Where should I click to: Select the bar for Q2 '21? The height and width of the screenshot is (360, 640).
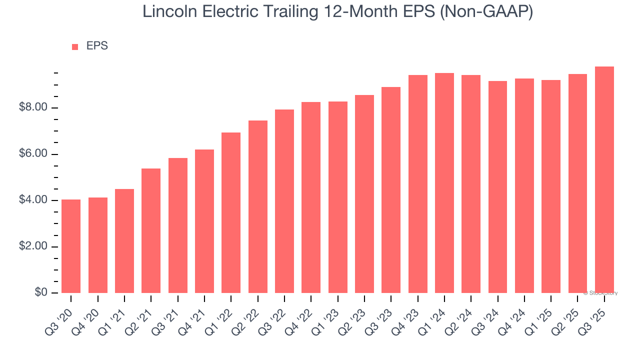tap(151, 230)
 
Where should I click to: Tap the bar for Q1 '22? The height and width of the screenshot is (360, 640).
tap(231, 212)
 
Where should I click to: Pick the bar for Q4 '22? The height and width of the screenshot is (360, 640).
tap(311, 197)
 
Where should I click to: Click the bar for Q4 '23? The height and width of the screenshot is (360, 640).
tap(417, 184)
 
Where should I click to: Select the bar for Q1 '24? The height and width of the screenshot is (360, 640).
tap(444, 183)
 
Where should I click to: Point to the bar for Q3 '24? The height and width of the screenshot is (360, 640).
tap(497, 187)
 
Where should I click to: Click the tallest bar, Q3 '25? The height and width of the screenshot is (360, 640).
tap(604, 179)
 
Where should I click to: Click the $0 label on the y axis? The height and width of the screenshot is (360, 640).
tap(40, 292)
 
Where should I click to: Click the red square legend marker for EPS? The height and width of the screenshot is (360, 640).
tap(75, 47)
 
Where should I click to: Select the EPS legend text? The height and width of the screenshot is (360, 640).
tap(97, 46)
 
